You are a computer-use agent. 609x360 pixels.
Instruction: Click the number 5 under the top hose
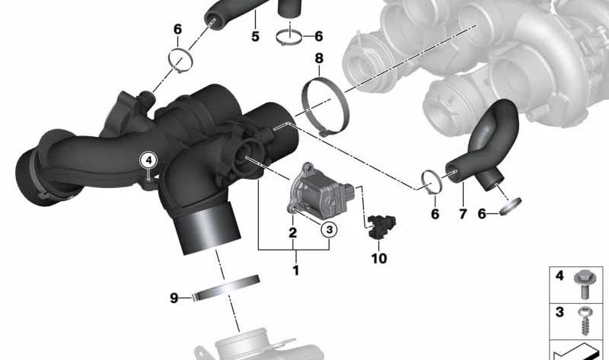[x=255, y=36]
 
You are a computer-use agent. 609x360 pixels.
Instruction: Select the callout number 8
[x=319, y=58]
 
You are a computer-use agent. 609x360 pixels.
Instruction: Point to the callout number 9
[x=174, y=298]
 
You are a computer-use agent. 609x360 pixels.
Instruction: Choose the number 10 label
[x=378, y=259]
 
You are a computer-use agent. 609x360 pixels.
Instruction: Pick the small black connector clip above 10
[x=377, y=225]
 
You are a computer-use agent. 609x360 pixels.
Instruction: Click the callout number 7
[x=461, y=215]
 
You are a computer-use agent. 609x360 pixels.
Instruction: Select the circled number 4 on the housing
[x=149, y=160]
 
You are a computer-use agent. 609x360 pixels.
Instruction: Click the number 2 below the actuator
[x=292, y=232]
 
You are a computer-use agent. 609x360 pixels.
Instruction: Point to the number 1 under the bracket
[x=295, y=269]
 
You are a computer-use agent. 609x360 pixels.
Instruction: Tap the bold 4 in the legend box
[x=560, y=276]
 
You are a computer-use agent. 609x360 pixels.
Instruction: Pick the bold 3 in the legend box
[x=560, y=313]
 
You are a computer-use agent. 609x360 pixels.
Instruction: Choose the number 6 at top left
[x=177, y=30]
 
